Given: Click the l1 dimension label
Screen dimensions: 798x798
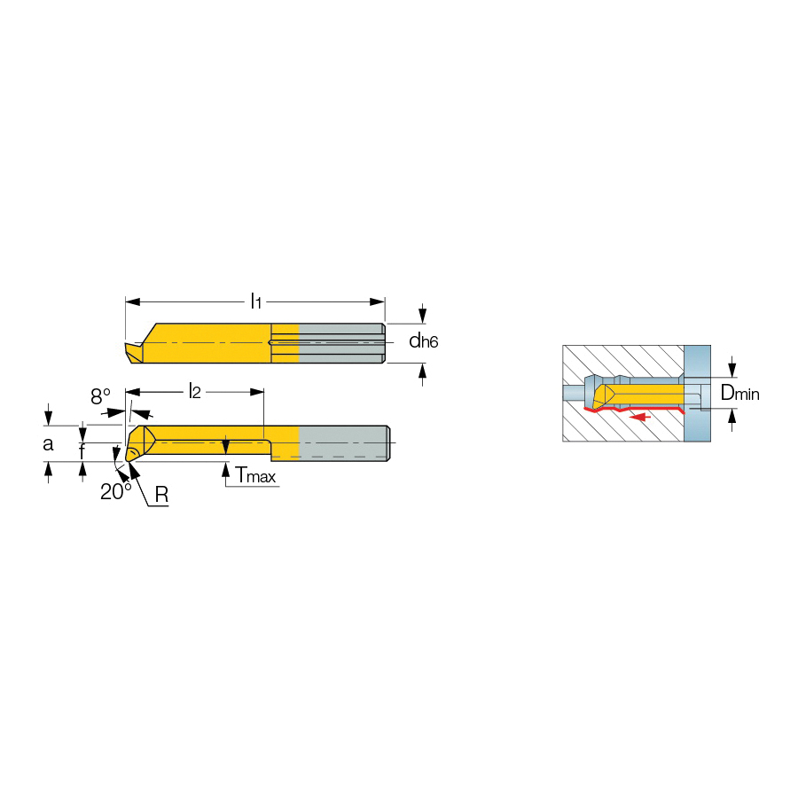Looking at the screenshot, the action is coord(256,301).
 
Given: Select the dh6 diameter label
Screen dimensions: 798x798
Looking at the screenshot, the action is coord(424,341).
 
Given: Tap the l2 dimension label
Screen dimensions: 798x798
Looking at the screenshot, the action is coord(194,391).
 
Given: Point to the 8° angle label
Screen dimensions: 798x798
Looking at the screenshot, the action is coord(100,396).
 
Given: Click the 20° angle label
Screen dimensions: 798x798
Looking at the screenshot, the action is coord(115,491).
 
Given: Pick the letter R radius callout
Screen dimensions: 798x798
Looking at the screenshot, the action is coord(161,494).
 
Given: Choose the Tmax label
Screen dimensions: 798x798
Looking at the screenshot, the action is coord(255,475).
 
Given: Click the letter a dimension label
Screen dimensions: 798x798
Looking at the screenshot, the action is coord(48,444).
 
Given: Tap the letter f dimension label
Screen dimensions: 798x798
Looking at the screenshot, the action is coord(82,451).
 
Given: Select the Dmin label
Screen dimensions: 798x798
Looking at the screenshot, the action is coord(740,393).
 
